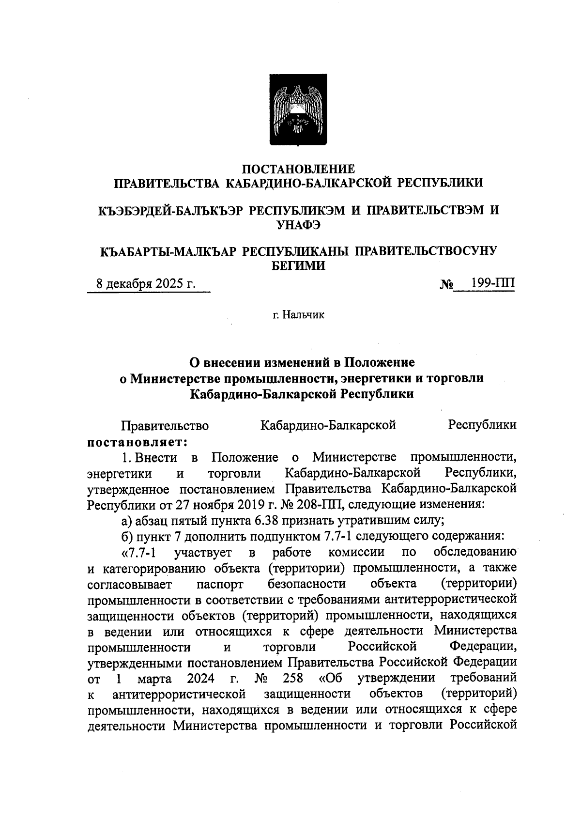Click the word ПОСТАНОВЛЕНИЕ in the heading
point(298,169)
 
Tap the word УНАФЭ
point(298,224)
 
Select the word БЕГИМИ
point(298,265)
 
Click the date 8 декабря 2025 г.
point(146,283)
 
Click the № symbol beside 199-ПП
point(446,284)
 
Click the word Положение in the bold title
point(379,362)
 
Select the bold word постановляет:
point(137,442)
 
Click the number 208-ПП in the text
point(324,505)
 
